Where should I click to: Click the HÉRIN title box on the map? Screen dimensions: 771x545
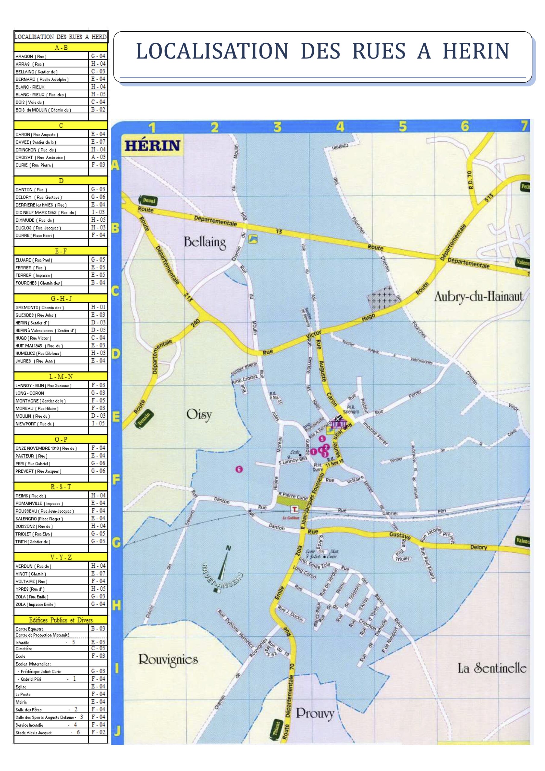153,145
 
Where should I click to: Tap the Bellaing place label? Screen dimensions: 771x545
204,242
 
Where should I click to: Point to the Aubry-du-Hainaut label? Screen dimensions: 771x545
478,297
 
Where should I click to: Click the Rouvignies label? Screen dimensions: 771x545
168,660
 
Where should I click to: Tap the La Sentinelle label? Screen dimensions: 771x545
492,668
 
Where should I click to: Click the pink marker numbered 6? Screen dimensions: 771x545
239,469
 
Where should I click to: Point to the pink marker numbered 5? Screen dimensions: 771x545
322,439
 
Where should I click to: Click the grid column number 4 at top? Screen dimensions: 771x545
340,127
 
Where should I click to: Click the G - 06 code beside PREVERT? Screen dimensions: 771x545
98,471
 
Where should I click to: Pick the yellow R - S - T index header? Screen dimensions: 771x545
61,487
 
